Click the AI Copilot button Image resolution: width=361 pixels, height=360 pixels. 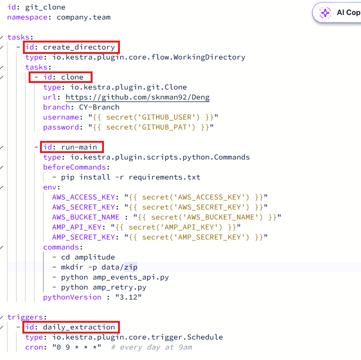coord(340,13)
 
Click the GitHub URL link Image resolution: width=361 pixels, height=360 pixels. coord(137,97)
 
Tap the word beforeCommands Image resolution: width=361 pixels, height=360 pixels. coord(74,167)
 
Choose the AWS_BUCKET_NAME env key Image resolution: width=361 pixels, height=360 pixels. coord(85,217)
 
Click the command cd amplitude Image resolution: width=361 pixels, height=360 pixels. coord(88,257)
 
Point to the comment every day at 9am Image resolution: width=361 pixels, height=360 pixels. coord(155,347)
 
